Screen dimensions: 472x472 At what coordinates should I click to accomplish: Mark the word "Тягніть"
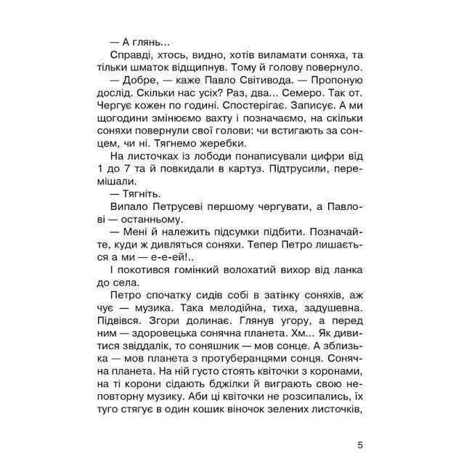coord(142,208)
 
